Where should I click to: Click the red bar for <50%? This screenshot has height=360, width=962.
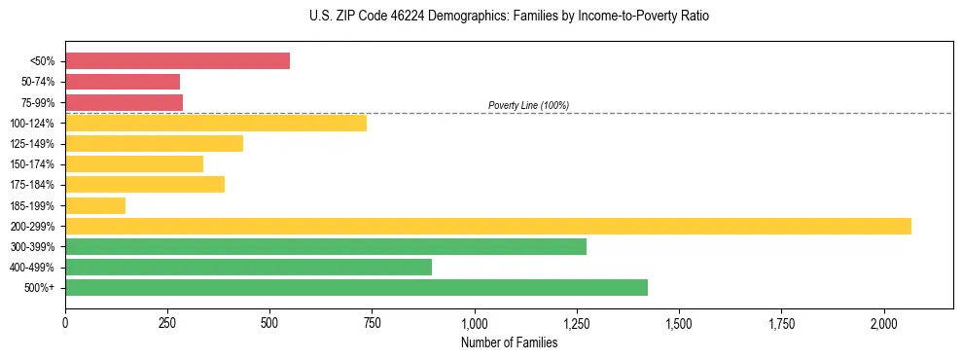coord(177,61)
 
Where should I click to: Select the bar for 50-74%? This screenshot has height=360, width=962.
coord(123,82)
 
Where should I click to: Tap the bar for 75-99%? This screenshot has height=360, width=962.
coord(124,102)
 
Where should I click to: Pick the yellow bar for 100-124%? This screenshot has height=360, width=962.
coord(216,123)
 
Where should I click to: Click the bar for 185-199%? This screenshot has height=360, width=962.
coord(95,205)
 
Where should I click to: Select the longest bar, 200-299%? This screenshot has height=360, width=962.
coord(488,226)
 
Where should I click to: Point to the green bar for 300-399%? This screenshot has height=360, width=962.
coord(326,246)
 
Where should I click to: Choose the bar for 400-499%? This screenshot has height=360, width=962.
coord(248,267)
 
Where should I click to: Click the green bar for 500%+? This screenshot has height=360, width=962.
coord(356,287)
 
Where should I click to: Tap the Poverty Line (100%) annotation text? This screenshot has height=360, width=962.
coord(528,105)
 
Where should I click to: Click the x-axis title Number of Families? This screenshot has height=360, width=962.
coord(509,342)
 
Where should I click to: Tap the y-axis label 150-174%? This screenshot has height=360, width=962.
coord(32,164)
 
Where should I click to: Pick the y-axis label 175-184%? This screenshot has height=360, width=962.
coord(32,185)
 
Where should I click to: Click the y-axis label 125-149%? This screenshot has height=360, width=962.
coord(32,144)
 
